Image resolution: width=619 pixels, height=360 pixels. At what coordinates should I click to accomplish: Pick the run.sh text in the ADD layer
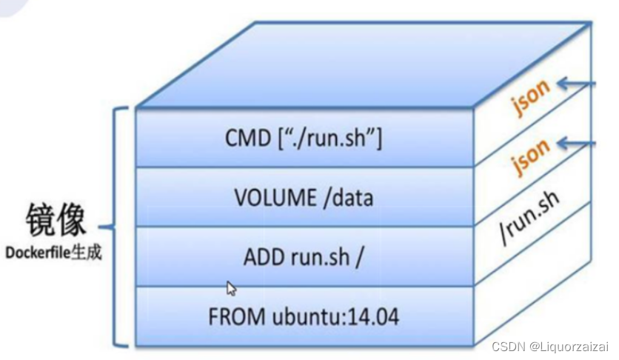pos(316,258)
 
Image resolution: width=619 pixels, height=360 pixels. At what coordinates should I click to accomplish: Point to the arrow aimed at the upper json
pos(578,84)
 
